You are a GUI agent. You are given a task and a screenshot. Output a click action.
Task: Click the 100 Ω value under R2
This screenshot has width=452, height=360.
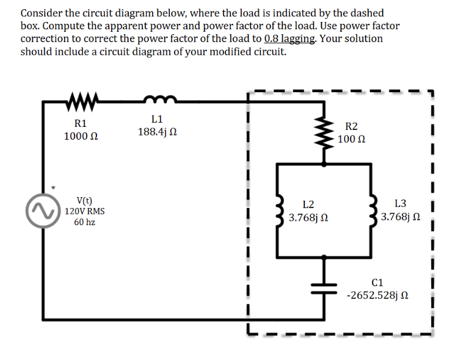click(351, 139)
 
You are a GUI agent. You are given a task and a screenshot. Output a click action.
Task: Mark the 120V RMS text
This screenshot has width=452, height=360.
click(84, 211)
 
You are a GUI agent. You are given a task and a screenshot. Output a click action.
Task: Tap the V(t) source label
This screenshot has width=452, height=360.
click(84, 200)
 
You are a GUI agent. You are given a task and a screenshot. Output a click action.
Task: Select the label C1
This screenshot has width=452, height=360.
click(377, 283)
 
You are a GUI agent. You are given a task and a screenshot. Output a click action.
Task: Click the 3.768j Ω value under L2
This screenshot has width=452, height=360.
click(309, 217)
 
